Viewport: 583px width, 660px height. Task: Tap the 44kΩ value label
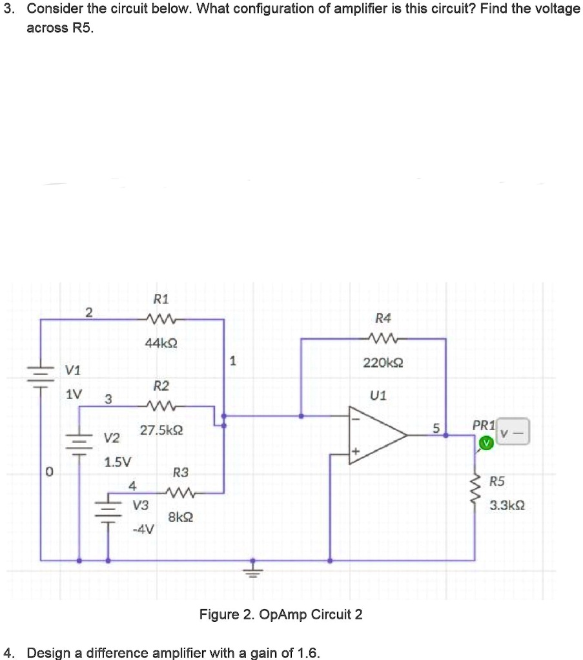pyautogui.click(x=161, y=344)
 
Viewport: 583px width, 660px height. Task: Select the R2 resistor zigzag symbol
pyautogui.click(x=159, y=406)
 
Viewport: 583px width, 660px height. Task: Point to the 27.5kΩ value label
pyautogui.click(x=161, y=430)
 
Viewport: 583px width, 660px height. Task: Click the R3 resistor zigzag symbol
pyautogui.click(x=179, y=492)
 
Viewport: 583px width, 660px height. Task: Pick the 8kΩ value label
pyautogui.click(x=181, y=517)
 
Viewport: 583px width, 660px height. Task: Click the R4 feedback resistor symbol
pyautogui.click(x=382, y=338)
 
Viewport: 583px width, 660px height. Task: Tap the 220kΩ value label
pyautogui.click(x=383, y=362)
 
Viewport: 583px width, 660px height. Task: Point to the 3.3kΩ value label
pyautogui.click(x=507, y=505)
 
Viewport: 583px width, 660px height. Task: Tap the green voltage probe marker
pyautogui.click(x=486, y=443)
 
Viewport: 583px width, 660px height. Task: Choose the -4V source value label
pyautogui.click(x=143, y=529)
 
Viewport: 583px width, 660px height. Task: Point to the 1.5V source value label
pyautogui.click(x=118, y=462)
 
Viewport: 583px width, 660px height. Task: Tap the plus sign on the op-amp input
pyautogui.click(x=355, y=451)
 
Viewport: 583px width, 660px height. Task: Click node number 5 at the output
pyautogui.click(x=436, y=429)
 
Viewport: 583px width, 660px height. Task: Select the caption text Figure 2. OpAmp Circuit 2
pyautogui.click(x=281, y=615)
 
